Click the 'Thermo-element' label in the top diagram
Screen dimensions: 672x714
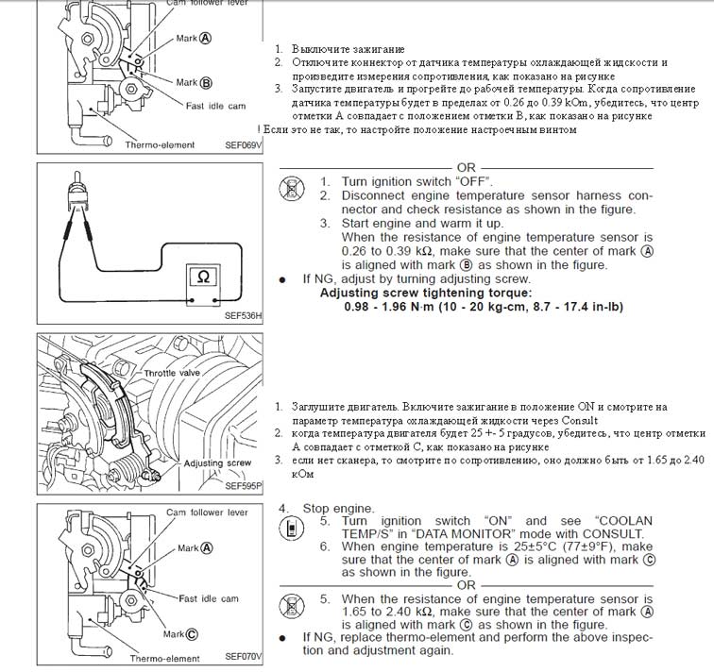click(159, 145)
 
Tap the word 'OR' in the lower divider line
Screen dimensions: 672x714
click(467, 585)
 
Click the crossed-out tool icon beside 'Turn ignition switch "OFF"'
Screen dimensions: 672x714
click(292, 188)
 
